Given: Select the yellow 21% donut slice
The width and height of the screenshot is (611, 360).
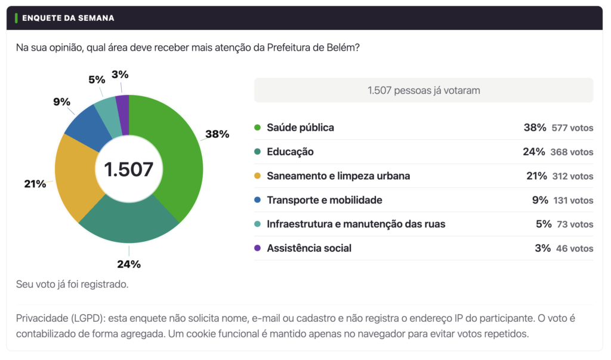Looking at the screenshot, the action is [x=76, y=177].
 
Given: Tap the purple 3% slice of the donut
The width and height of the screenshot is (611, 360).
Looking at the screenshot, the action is [x=123, y=115].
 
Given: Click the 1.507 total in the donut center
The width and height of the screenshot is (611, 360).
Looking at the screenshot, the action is [x=129, y=170].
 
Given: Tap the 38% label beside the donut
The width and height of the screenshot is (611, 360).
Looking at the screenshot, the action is [x=217, y=134].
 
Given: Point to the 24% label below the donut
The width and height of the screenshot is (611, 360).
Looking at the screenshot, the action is [x=129, y=264].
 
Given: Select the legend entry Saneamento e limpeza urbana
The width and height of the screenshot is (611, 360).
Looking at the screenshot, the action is [x=338, y=176].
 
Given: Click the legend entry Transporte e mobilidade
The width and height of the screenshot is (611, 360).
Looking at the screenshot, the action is [x=325, y=200].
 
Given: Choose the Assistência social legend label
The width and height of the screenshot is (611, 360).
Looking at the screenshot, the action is [x=309, y=248].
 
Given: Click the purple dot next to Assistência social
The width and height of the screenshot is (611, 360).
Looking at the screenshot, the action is [x=257, y=248].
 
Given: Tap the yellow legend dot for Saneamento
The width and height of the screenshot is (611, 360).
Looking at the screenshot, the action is [x=257, y=176].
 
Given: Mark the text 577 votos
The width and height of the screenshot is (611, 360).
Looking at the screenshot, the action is [x=572, y=128].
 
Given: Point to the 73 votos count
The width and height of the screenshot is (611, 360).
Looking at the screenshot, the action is [x=575, y=224].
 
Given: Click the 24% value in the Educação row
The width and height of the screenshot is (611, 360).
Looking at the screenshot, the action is [x=534, y=152].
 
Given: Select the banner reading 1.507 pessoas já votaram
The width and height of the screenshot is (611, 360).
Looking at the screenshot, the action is [x=424, y=90].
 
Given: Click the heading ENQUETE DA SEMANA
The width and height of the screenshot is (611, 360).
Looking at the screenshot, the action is [x=68, y=18].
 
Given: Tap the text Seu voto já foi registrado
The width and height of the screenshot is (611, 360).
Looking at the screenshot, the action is [x=72, y=284].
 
